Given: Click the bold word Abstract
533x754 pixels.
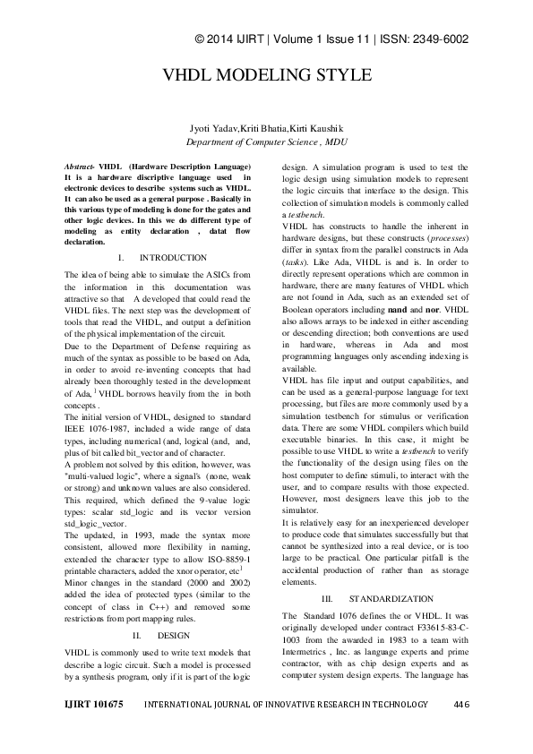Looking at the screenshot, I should tap(82, 168).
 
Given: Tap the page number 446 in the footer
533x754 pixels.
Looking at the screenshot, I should tap(461, 730).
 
